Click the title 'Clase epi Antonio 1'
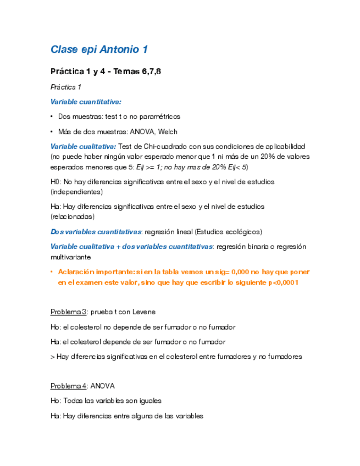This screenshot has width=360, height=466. click(x=99, y=50)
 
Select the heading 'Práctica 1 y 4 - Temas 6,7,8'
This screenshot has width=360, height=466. click(x=106, y=71)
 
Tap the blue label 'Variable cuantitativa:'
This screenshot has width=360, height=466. click(x=86, y=102)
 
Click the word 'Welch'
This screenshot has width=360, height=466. click(x=168, y=131)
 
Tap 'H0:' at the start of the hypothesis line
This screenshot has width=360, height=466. click(x=56, y=181)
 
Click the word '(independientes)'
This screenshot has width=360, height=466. click(x=76, y=192)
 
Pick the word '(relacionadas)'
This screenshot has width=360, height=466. click(x=72, y=217)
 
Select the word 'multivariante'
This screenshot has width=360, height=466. click(x=69, y=257)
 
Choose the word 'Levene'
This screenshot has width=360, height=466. click(x=143, y=312)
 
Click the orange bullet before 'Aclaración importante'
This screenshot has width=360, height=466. click(x=51, y=272)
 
